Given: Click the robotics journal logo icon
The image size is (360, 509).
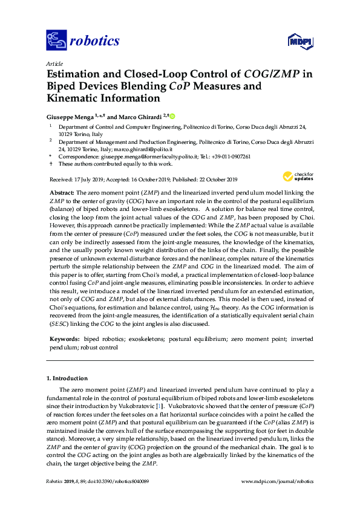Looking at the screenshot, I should click(56, 41).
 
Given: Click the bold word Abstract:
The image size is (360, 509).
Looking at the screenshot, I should click(61, 191).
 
